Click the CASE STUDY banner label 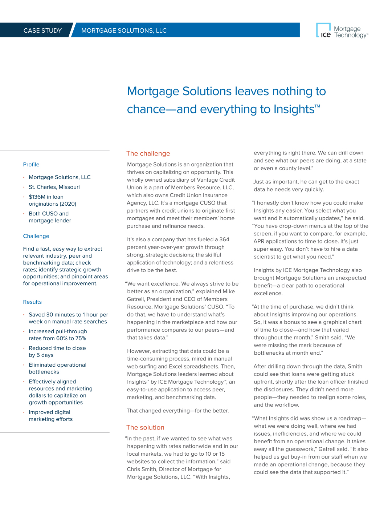coord(42,31)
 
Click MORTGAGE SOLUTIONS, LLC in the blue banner coord(124,31)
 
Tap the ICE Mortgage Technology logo coord(342,32)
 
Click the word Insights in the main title coord(294,109)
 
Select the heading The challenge coord(148,153)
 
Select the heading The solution coord(145,427)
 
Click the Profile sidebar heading coord(31,165)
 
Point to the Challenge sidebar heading coord(36,236)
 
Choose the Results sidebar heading coord(32,302)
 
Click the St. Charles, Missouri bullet coord(54,187)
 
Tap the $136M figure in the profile coord(37,197)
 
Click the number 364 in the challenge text coord(224,239)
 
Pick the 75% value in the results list coord(81,338)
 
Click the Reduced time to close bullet coord(57,348)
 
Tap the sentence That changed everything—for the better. coord(177,411)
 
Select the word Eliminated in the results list coord(44,365)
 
